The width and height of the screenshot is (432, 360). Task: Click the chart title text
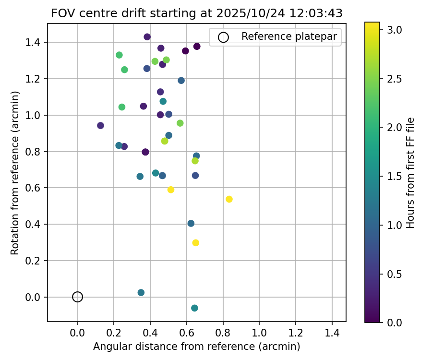[197, 13]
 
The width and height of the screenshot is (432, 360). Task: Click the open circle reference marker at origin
[78, 297]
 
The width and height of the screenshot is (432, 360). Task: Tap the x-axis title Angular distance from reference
[197, 347]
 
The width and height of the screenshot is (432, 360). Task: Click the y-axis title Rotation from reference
[15, 173]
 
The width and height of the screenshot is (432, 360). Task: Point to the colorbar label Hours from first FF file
[410, 173]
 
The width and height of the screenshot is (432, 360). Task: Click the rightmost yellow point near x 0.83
[229, 199]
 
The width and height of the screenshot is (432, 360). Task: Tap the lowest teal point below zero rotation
[194, 308]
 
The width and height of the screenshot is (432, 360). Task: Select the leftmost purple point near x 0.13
[100, 126]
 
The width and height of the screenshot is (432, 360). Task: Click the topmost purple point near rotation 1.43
[147, 37]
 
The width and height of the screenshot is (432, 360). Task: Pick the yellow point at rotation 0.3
[195, 243]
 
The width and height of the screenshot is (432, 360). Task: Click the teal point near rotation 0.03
[141, 293]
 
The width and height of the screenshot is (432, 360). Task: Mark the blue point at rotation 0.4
[191, 224]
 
